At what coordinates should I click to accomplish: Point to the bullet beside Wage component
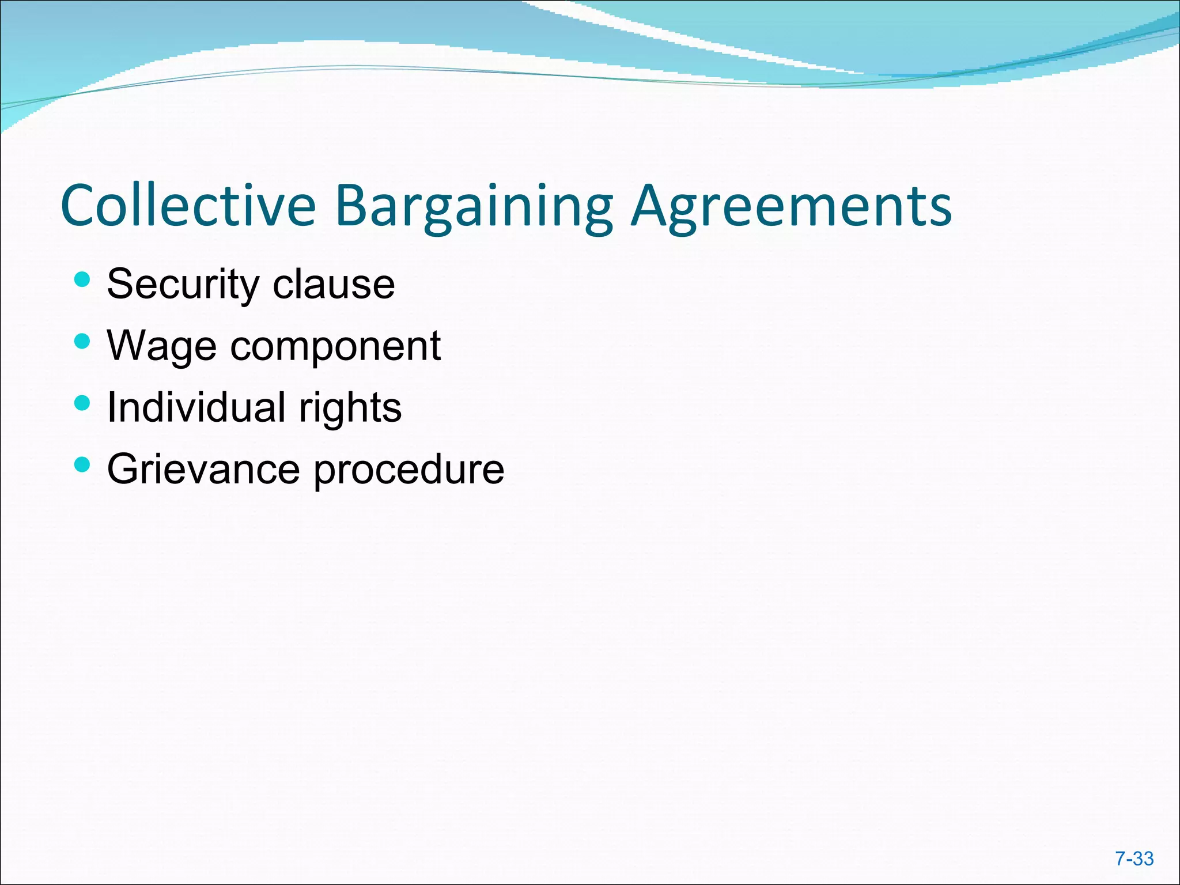(82, 342)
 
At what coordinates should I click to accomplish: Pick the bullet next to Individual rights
(82, 403)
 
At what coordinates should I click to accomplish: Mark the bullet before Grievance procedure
(82, 464)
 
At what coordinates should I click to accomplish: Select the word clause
(334, 285)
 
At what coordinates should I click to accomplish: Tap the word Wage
(161, 346)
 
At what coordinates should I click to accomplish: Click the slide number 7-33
(1134, 859)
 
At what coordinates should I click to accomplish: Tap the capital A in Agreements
(651, 206)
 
